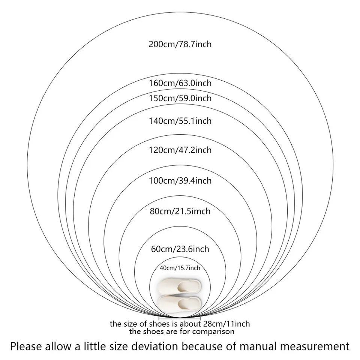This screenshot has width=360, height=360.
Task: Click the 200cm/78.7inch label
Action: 180,44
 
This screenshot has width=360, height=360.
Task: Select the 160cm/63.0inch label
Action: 180,83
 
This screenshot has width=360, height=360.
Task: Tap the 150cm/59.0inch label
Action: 180,98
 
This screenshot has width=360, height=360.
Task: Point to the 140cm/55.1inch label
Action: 180,121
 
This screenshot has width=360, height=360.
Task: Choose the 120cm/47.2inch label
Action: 180,150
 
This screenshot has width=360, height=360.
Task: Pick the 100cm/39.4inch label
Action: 180,181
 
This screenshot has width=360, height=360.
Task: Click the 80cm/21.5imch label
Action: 180,211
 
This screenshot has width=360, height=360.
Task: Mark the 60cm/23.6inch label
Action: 180,249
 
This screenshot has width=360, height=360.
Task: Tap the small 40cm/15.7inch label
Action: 180,268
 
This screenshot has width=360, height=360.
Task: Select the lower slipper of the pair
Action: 180,303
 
